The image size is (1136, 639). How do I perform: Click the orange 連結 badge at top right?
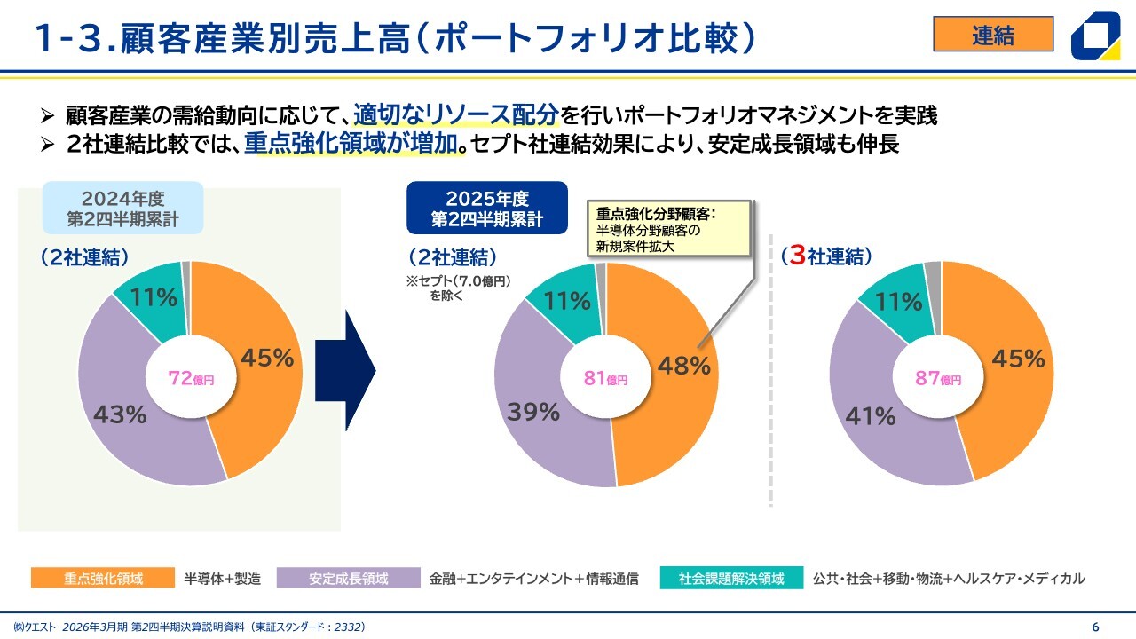[x=993, y=35]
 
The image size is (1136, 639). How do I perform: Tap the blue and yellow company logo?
[x=1100, y=37]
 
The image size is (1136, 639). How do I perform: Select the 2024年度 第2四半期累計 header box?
[x=122, y=208]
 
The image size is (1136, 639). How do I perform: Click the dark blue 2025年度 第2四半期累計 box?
[x=486, y=208]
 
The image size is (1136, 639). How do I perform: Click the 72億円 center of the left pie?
[x=191, y=379]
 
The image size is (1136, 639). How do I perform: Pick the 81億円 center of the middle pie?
[x=605, y=379]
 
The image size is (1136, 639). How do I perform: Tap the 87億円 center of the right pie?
[x=939, y=379]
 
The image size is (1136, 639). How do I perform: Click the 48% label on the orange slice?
[x=684, y=366]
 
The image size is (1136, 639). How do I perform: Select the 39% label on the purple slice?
[x=533, y=412]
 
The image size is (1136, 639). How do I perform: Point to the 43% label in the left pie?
[x=120, y=414]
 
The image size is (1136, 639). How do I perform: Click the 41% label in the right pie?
[x=871, y=414]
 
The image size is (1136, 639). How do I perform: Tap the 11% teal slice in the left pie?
[x=154, y=297]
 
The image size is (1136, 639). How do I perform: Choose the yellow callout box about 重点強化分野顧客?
[x=670, y=229]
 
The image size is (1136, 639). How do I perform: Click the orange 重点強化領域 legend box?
[x=102, y=579]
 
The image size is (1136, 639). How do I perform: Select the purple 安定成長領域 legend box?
[x=348, y=579]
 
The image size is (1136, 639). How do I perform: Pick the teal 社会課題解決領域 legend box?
[x=731, y=579]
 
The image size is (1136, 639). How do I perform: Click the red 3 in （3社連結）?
[x=797, y=256]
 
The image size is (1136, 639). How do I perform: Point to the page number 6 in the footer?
[x=1095, y=627]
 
